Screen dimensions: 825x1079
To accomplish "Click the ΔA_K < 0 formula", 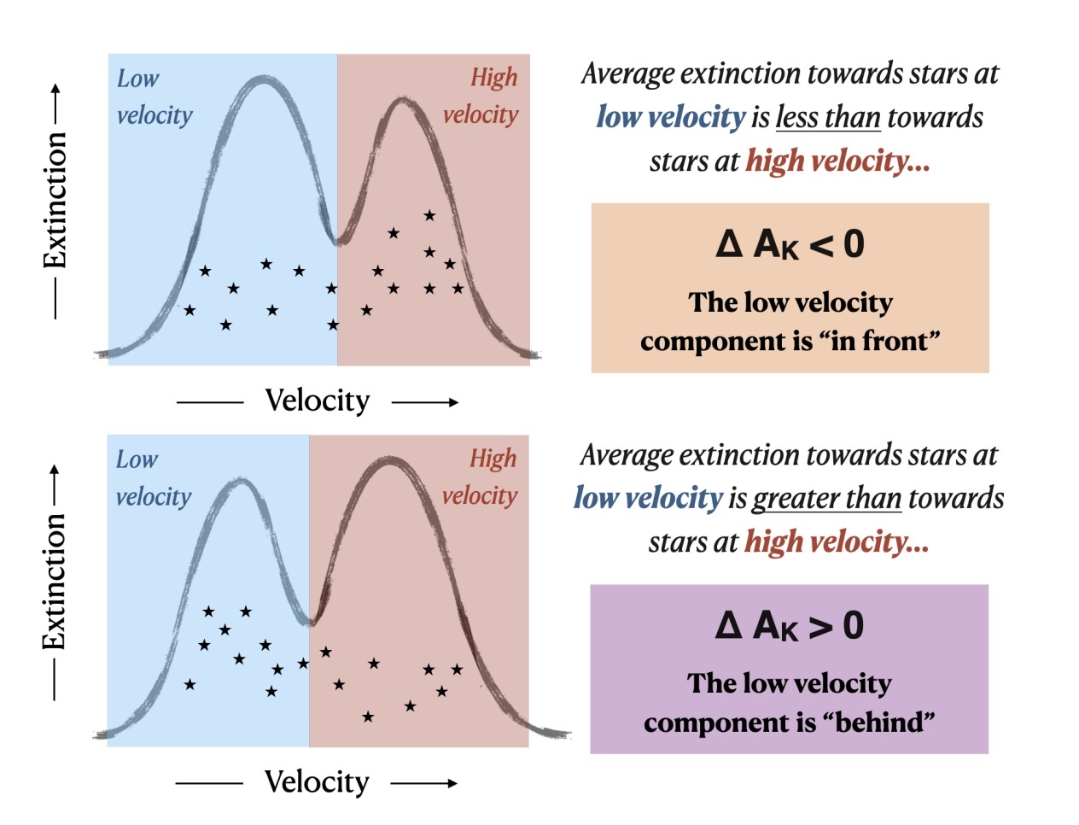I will pos(790,244).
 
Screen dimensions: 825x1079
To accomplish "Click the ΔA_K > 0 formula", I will pos(790,626).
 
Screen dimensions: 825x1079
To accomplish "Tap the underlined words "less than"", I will pos(827,117).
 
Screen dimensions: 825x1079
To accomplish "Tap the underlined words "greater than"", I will pos(826,498).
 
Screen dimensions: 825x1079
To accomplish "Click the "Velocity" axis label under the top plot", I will pos(318,401).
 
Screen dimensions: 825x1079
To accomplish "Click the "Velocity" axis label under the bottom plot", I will pos(317,782).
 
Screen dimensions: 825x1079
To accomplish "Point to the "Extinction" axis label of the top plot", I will pos(55,201).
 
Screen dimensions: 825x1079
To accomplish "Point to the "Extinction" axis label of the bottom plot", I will pos(55,582).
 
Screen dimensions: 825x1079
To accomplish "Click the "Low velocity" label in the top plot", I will pos(154,97).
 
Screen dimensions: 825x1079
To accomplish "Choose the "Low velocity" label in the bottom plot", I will pos(153,477).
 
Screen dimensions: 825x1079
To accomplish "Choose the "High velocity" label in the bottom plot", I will pos(480,477).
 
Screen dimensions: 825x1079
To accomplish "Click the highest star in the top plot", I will pos(429,215).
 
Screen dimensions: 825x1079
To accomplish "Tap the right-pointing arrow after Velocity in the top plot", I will pos(425,402).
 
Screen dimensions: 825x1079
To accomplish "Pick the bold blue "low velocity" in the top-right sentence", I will pos(671,117).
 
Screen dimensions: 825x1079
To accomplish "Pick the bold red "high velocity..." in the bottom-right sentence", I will pos(836,541).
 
